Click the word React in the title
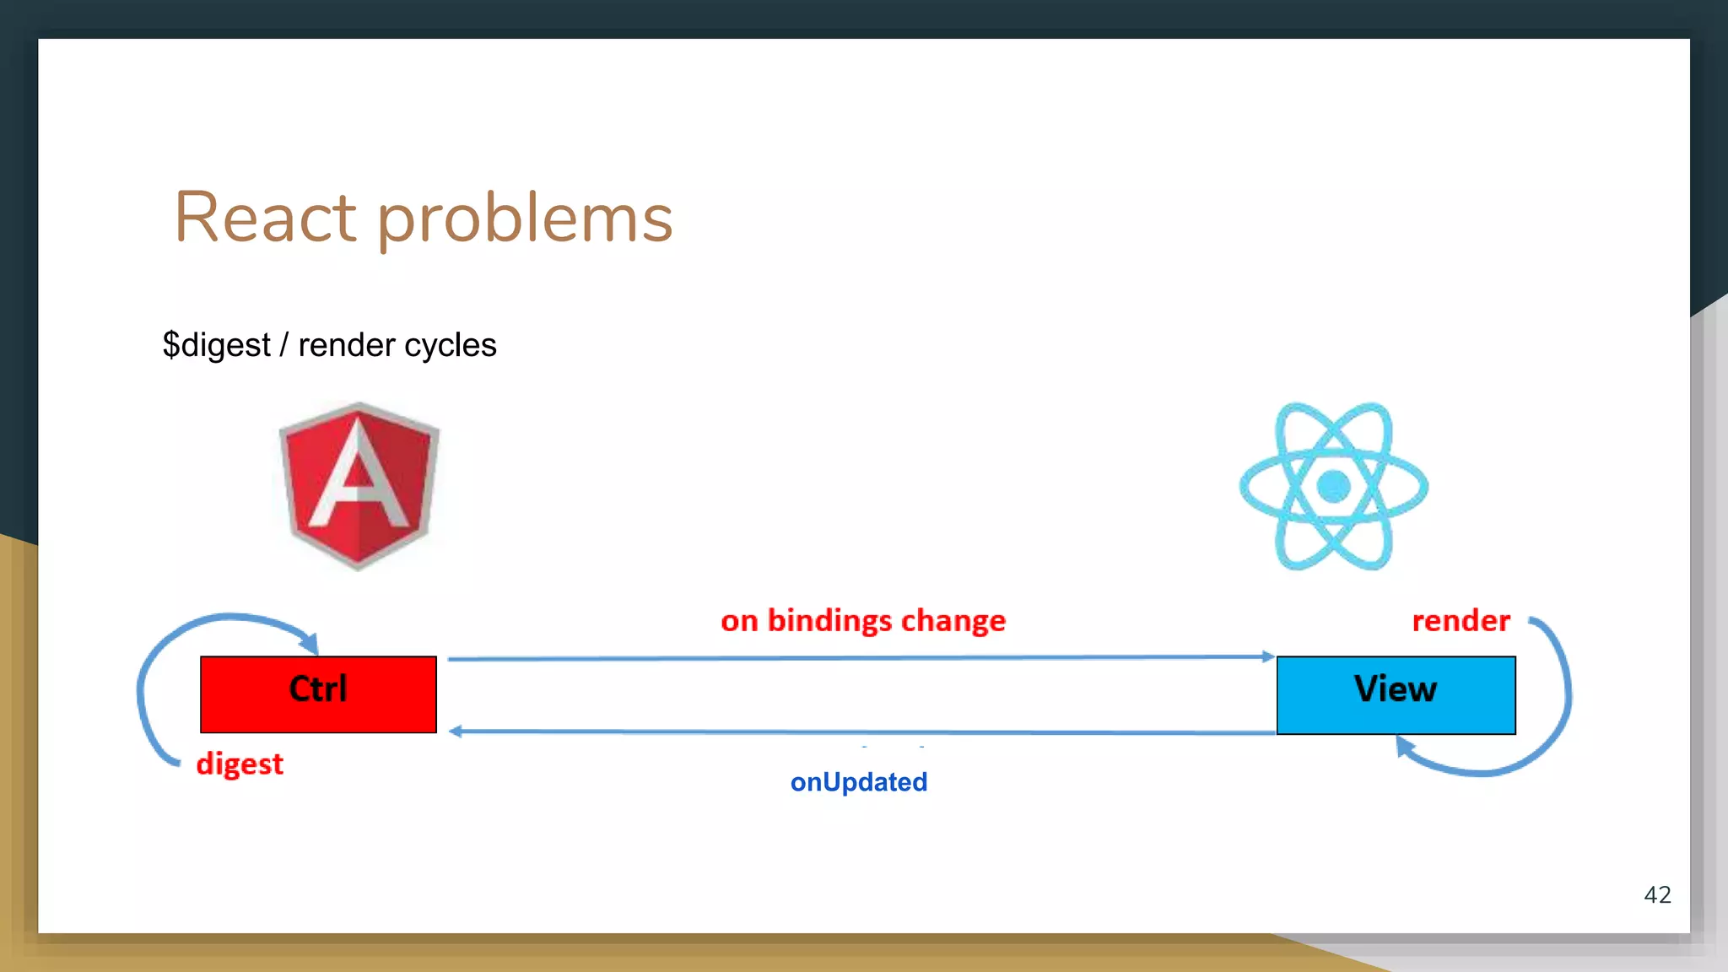pos(265,218)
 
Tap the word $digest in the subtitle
pos(217,345)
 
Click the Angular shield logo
pos(359,485)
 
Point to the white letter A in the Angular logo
pos(359,472)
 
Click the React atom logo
pos(1333,486)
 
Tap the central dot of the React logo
pos(1333,486)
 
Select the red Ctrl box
pos(318,694)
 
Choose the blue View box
pos(1396,695)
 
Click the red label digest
pos(240,764)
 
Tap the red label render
pos(1461,621)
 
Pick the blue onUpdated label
pos(858,782)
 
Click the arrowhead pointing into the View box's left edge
pos(1267,656)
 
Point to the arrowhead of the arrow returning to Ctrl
pos(456,731)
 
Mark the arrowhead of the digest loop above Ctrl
pos(310,644)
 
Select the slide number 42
pos(1657,894)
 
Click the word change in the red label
pos(953,622)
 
